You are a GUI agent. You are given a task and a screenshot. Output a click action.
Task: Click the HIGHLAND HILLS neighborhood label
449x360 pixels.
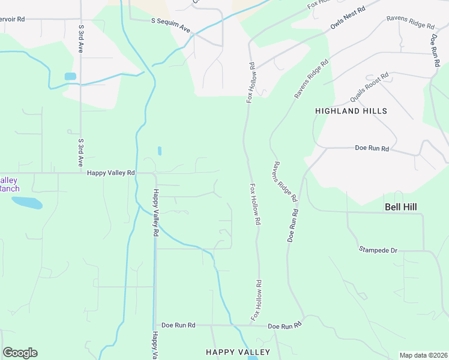click(351, 111)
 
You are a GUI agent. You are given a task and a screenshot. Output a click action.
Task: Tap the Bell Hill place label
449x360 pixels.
click(400, 207)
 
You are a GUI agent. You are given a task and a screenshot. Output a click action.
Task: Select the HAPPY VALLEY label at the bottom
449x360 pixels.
click(238, 352)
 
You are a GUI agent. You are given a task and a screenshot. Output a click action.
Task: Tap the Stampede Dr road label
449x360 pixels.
click(378, 249)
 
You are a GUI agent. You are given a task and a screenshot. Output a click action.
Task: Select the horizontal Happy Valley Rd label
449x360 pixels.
click(111, 173)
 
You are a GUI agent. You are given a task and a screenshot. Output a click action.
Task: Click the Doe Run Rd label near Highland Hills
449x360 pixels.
click(372, 148)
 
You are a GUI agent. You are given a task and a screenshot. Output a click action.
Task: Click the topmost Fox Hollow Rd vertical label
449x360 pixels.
click(252, 82)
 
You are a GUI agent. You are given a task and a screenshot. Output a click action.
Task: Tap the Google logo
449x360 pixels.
click(20, 353)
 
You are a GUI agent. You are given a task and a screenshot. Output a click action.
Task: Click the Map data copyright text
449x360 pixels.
click(423, 355)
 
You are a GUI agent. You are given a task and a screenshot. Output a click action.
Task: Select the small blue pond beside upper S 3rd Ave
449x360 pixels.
click(70, 76)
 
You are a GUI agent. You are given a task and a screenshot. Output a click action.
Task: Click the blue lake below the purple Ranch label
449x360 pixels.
click(27, 203)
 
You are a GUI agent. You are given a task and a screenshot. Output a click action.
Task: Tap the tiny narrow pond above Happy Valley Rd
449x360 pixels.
click(159, 151)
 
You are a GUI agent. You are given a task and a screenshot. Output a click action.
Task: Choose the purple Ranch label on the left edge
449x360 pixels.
click(9, 185)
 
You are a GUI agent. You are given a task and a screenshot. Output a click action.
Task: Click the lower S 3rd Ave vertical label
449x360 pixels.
click(80, 153)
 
